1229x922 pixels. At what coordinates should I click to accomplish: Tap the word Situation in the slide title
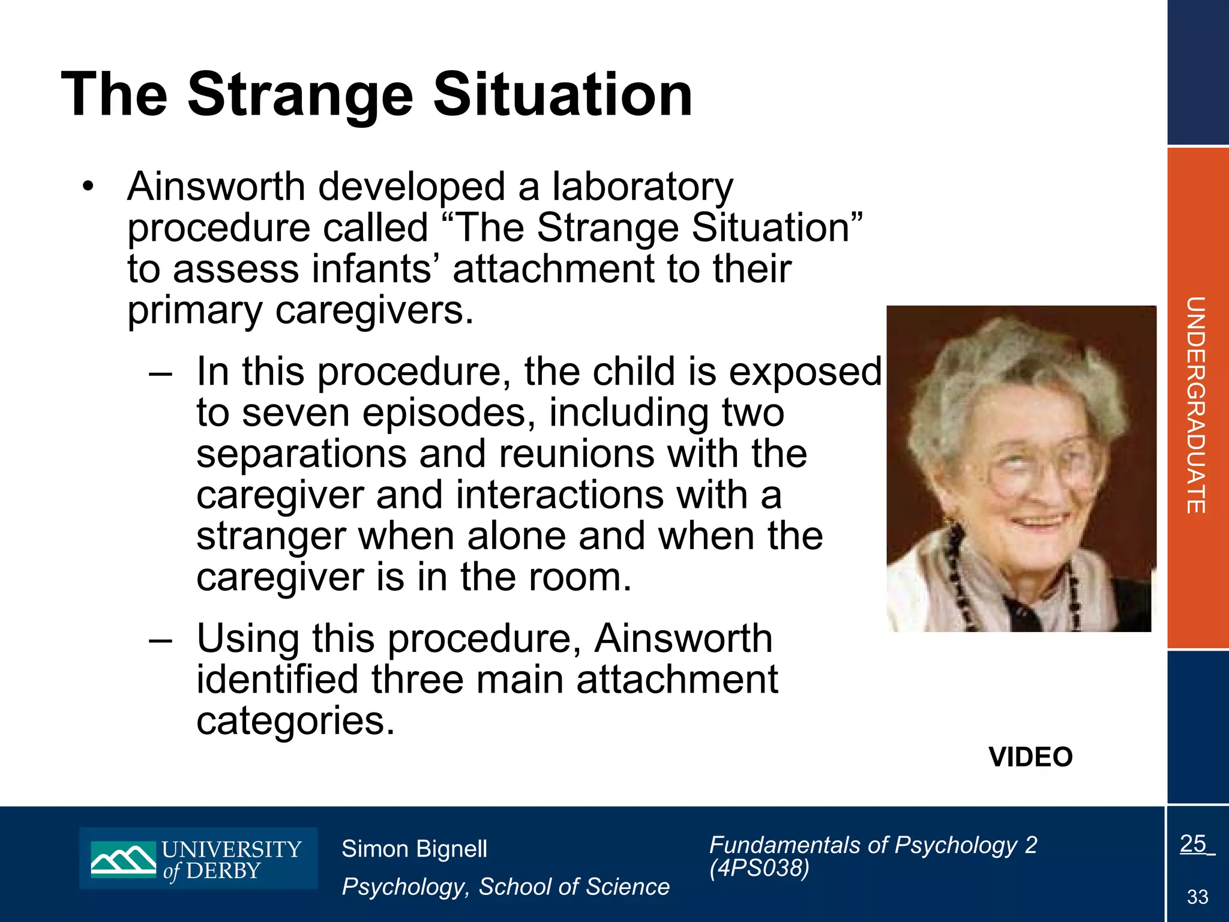coord(563,95)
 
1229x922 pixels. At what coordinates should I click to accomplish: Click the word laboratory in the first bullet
coord(642,187)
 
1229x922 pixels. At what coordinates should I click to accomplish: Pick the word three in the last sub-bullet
coord(417,680)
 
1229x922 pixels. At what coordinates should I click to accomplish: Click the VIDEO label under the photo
coord(1030,757)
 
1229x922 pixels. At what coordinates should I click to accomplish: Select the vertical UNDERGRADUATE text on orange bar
coord(1196,405)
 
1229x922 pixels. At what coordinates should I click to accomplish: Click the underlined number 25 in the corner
coord(1193,844)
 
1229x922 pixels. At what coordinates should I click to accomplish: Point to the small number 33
coord(1197,897)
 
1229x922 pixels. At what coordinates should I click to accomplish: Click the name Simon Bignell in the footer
coord(414,849)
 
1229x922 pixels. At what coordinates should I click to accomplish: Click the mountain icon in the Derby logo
coord(123,859)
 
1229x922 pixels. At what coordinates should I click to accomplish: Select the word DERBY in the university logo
coord(223,871)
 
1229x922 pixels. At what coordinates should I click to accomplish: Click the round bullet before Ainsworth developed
coord(89,186)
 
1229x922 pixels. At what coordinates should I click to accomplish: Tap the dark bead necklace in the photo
coord(960,576)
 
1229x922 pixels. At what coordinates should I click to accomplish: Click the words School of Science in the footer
coord(574,887)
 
